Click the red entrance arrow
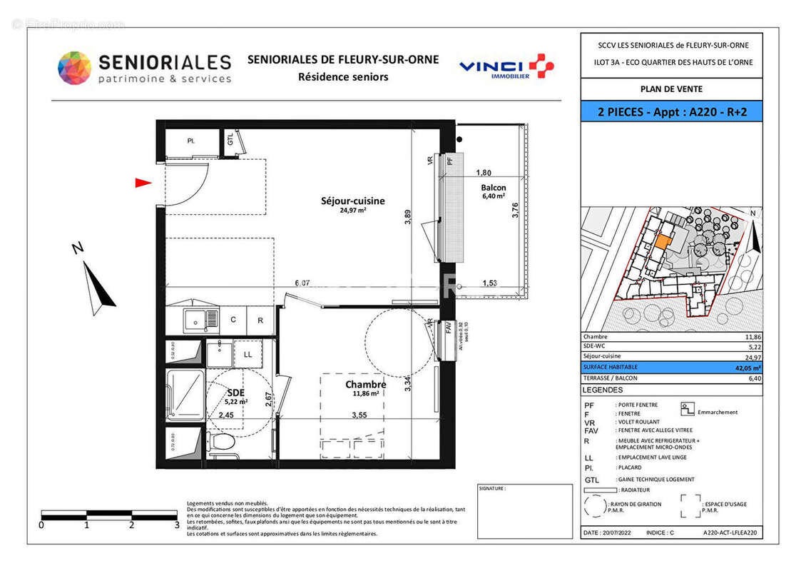pyautogui.click(x=143, y=183)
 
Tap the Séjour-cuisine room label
pyautogui.click(x=352, y=201)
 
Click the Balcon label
pyautogui.click(x=493, y=188)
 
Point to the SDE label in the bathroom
pyautogui.click(x=235, y=392)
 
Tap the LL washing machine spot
pyautogui.click(x=248, y=354)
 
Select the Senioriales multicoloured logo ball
pyautogui.click(x=74, y=69)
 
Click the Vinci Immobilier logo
pyautogui.click(x=506, y=67)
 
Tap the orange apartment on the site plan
pyautogui.click(x=663, y=241)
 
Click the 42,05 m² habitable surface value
pyautogui.click(x=748, y=368)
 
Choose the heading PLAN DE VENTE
pyautogui.click(x=670, y=89)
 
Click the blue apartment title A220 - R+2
pyautogui.click(x=670, y=111)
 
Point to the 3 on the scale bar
pyautogui.click(x=177, y=525)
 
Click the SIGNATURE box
pyautogui.click(x=524, y=511)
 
